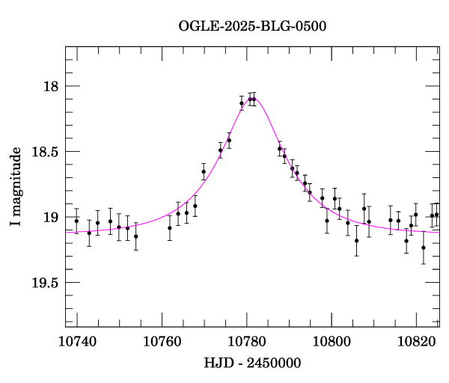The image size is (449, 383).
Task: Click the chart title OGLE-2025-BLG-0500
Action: (252, 26)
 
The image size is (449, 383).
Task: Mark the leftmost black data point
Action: (76, 221)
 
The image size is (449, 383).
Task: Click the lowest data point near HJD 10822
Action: (424, 248)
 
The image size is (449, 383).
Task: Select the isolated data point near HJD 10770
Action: (204, 172)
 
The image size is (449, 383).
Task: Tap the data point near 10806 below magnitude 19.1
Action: (356, 241)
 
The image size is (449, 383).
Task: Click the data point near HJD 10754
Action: (135, 236)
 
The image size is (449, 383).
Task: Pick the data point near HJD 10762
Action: (170, 227)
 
